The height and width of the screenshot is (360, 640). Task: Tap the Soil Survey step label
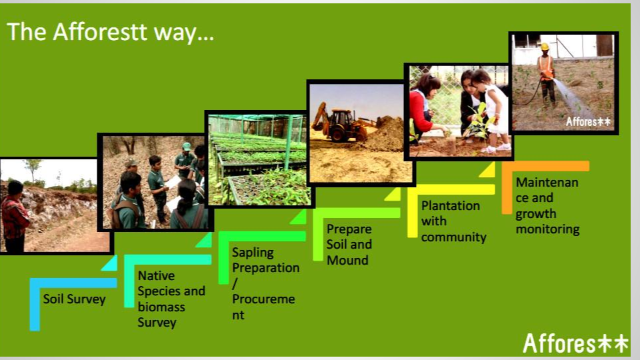pyautogui.click(x=74, y=299)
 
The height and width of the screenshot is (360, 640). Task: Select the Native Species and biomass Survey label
pyautogui.click(x=171, y=299)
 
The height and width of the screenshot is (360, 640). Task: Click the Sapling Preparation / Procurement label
pyautogui.click(x=265, y=283)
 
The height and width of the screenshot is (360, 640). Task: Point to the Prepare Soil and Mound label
pyautogui.click(x=349, y=245)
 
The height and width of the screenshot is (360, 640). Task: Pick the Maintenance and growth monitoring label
pyautogui.click(x=547, y=205)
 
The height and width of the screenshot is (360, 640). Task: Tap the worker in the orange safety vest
pyautogui.click(x=547, y=73)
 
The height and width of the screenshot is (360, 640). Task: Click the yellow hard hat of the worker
pyautogui.click(x=545, y=47)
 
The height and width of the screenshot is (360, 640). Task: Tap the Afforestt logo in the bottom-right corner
pyautogui.click(x=575, y=343)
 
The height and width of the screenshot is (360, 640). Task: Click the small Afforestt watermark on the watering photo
pyautogui.click(x=588, y=121)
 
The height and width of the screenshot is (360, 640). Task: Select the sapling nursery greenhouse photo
pyautogui.click(x=259, y=160)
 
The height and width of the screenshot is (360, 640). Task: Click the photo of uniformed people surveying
pyautogui.click(x=155, y=183)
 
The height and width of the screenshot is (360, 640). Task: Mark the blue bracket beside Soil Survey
pyautogui.click(x=35, y=303)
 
